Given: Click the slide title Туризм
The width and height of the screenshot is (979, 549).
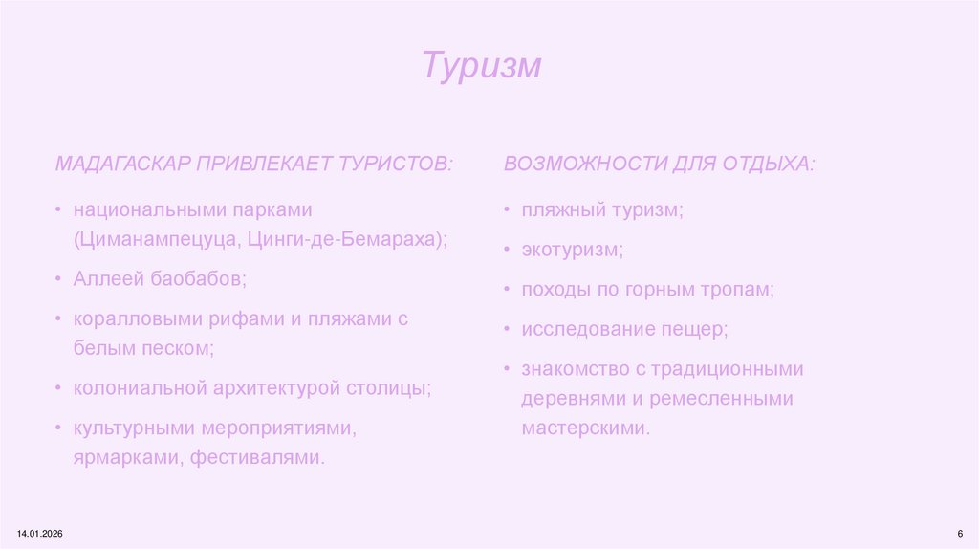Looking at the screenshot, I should click(x=482, y=66).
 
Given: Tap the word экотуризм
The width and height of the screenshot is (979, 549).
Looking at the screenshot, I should click(x=572, y=251).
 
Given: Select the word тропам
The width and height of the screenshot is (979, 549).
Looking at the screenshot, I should click(x=735, y=290).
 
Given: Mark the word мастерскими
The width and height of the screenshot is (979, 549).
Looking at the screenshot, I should click(x=585, y=428).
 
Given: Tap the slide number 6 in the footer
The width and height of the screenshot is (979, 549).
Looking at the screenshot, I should click(x=959, y=532).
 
